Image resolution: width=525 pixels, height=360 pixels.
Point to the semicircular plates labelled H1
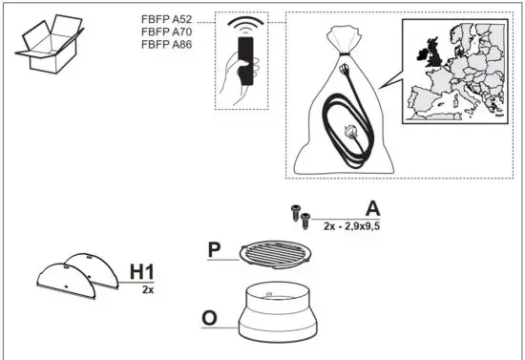tap(75, 275)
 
